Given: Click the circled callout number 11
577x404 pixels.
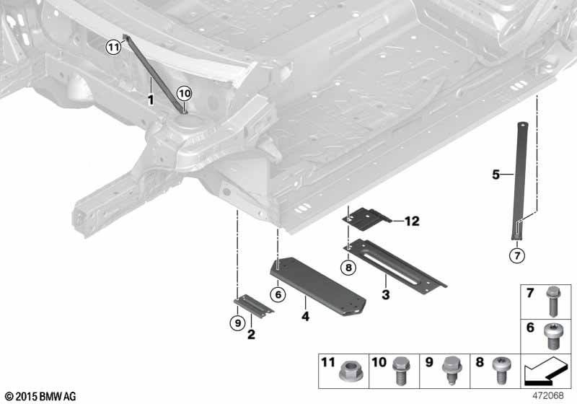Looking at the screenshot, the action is click(114, 47).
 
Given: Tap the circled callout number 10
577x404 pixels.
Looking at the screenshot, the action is click(185, 94).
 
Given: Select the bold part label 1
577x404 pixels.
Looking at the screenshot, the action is click(151, 100).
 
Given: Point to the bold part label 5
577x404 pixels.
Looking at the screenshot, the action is click(496, 174).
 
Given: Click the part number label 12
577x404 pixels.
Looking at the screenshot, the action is click(412, 221).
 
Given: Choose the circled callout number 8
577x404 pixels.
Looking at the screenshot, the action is click(348, 268).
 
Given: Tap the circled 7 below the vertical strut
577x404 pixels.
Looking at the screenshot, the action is click(517, 255).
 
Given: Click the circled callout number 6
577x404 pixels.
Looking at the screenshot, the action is click(278, 294).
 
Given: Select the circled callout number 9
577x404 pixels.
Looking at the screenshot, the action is click(238, 323).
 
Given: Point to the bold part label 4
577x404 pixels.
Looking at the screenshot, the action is click(305, 316).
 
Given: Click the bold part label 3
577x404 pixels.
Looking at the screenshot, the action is click(385, 294).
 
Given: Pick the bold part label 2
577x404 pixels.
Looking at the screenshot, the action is click(251, 334).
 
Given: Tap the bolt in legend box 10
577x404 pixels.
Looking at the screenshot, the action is click(400, 371).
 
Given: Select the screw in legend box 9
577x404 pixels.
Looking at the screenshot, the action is click(452, 371).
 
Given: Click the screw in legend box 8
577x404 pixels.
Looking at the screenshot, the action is click(500, 369).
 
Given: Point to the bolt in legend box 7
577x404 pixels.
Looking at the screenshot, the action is click(552, 302).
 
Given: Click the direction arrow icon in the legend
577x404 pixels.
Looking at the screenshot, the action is click(545, 372).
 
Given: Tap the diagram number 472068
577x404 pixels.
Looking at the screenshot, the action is click(548, 395).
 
